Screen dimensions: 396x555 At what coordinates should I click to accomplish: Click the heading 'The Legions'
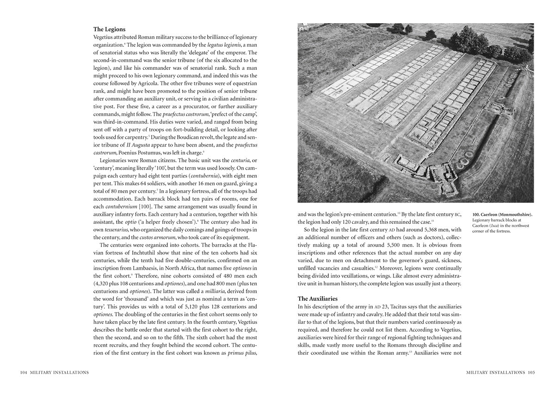(109, 29)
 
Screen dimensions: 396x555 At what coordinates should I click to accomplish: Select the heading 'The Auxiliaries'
(317, 298)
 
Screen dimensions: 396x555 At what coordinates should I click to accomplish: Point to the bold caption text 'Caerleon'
(493, 214)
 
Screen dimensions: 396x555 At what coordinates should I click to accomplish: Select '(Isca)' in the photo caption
(500, 225)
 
